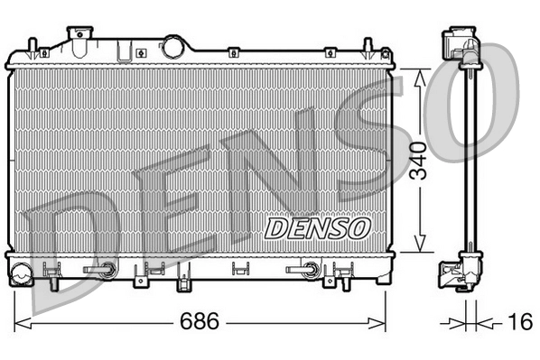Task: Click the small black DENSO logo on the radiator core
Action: click(x=316, y=226)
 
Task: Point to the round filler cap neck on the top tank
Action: click(x=172, y=45)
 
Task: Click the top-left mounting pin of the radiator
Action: click(x=32, y=47)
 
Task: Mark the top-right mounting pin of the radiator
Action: click(x=369, y=47)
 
